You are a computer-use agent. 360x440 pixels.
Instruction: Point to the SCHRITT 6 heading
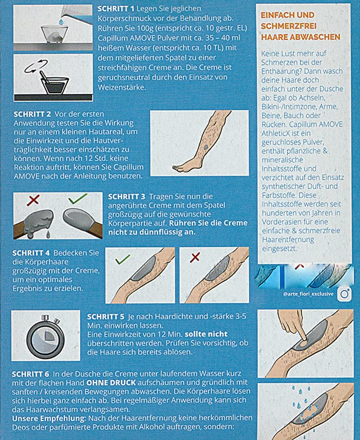[31, 374]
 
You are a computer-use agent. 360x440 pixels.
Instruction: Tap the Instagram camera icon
[341, 294]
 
